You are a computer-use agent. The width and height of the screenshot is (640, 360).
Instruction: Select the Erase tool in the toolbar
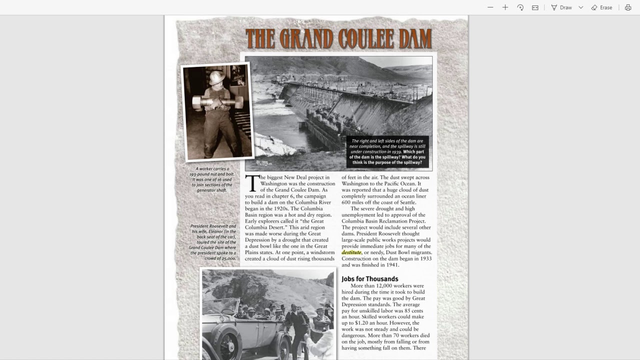tap(601, 7)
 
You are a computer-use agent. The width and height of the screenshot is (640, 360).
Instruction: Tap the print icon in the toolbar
tap(628, 7)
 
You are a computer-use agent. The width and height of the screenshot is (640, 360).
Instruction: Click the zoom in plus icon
tap(505, 7)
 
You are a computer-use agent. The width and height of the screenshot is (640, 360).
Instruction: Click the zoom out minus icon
tap(490, 7)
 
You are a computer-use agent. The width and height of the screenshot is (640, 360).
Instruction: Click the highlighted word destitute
tap(351, 252)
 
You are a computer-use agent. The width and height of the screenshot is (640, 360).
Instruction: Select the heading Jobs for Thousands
tap(369, 279)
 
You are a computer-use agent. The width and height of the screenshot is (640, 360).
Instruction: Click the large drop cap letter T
tap(252, 183)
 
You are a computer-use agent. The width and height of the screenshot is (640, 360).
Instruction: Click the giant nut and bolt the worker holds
tap(217, 102)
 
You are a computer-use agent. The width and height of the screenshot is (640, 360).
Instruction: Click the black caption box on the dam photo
tap(387, 151)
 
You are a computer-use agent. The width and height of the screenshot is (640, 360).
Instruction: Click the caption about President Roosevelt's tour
tap(212, 242)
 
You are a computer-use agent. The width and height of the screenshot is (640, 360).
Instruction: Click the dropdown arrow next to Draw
tap(580, 7)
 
